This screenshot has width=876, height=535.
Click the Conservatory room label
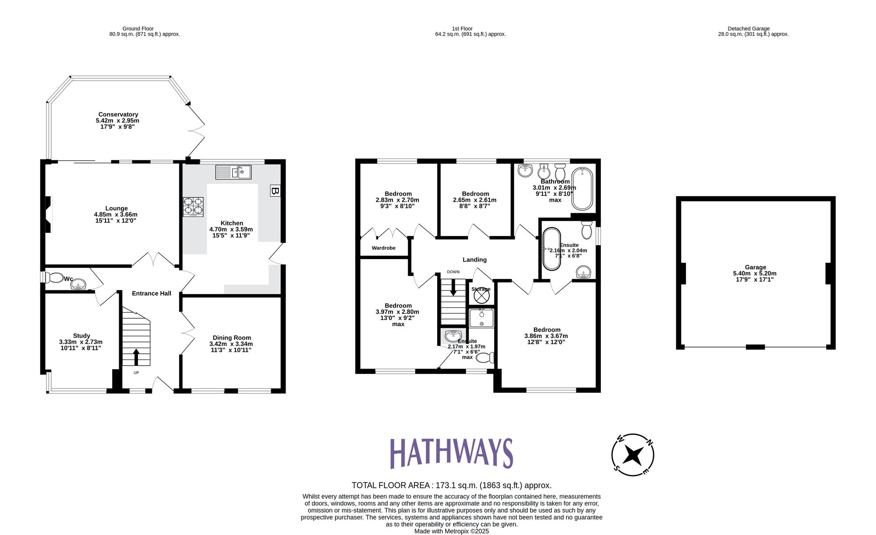(x=118, y=114)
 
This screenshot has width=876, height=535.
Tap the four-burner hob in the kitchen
(x=193, y=207)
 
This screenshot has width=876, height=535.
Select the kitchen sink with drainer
(x=233, y=172)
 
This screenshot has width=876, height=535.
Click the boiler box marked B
(x=275, y=191)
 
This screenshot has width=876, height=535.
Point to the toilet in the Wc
(x=54, y=278)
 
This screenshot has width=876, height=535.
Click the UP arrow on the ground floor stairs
(x=136, y=356)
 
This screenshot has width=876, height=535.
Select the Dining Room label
(x=232, y=338)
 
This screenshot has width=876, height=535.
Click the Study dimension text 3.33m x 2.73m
(x=81, y=342)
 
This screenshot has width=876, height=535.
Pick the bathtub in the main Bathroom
(x=582, y=188)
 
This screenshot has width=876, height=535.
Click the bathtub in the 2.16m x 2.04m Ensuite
(x=551, y=249)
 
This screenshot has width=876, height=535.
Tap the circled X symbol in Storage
(x=481, y=296)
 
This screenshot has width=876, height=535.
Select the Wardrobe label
(x=383, y=248)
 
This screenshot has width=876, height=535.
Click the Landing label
(x=474, y=260)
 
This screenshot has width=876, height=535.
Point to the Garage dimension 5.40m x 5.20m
(x=755, y=273)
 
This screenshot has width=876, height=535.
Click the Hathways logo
(x=451, y=453)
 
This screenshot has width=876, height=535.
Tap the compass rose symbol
(x=632, y=455)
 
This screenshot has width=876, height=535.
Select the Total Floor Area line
(x=451, y=485)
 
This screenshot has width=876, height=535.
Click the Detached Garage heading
(x=749, y=28)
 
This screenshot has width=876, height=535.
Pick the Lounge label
(x=117, y=208)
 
